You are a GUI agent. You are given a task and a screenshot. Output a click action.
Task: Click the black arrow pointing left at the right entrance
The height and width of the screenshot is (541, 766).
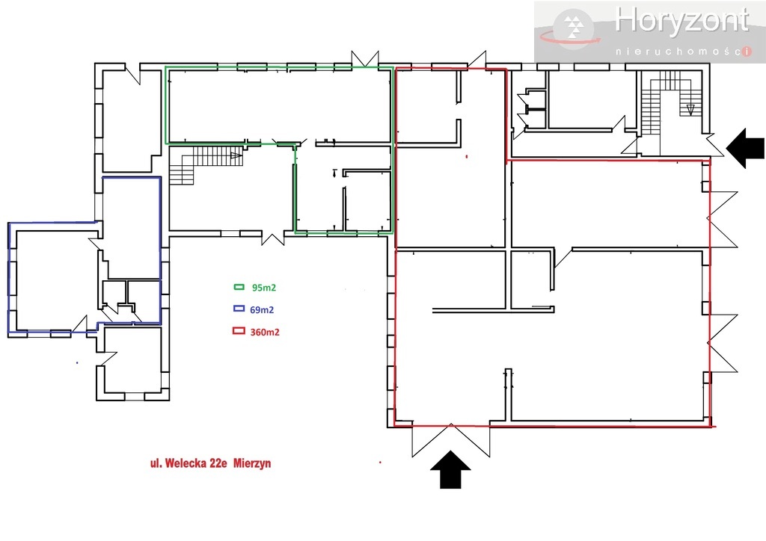[x=746, y=147]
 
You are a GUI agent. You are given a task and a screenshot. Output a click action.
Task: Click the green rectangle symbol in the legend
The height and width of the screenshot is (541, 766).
[x=239, y=287]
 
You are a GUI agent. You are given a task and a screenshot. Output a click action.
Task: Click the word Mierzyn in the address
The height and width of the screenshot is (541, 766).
[x=252, y=463]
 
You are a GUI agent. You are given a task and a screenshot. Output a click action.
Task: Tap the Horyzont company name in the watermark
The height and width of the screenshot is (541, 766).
[x=681, y=21]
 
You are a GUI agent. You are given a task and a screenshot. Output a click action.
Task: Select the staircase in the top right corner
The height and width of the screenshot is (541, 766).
[x=669, y=105]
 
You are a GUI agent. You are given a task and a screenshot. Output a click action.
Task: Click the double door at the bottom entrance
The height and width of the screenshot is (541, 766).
[x=451, y=439]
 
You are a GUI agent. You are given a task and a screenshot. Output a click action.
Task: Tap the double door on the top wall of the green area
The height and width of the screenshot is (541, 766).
[x=367, y=58]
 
